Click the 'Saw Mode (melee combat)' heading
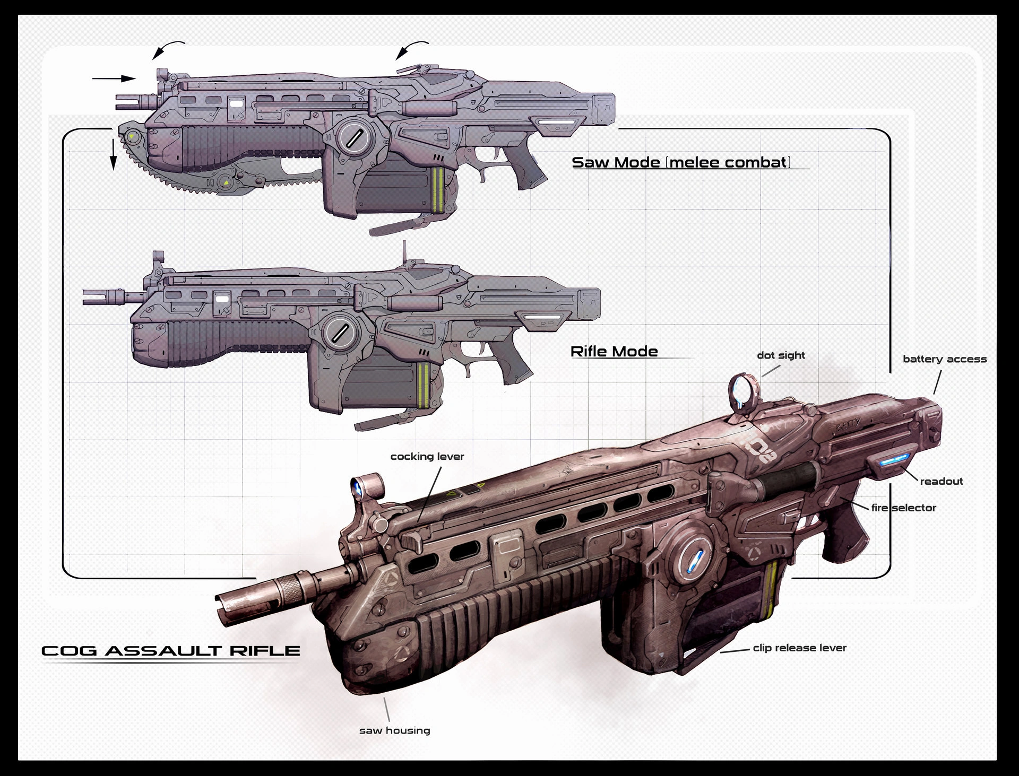(681, 162)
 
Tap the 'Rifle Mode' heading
(614, 352)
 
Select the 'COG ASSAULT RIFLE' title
(170, 651)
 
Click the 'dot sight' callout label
(781, 355)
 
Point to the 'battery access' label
(945, 359)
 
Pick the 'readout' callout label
(941, 482)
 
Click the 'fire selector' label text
(903, 508)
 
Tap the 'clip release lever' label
(799, 648)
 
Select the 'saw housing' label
(394, 730)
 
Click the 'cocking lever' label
(427, 457)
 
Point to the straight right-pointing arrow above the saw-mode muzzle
(114, 79)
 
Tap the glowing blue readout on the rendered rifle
(895, 459)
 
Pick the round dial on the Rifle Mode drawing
(340, 333)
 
